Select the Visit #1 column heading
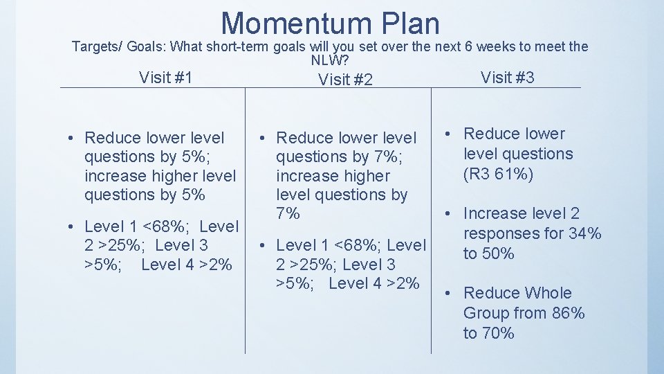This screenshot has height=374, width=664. [x=165, y=77]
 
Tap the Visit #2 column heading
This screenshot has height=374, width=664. [x=345, y=80]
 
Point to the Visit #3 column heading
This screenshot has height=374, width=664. [x=507, y=77]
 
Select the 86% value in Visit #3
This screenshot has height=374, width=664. [x=569, y=313]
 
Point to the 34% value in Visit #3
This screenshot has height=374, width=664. [x=585, y=233]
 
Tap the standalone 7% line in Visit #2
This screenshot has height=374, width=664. [x=287, y=214]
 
